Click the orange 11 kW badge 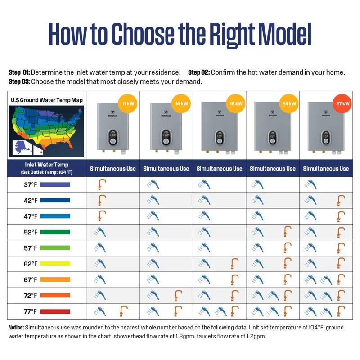127,104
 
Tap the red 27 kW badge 342,104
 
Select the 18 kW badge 235,104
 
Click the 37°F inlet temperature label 31,184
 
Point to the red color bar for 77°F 55,311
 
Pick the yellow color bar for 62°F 55,264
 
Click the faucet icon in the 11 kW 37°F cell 102,184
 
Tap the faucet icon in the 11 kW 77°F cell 123,311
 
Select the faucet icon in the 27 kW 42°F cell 341,200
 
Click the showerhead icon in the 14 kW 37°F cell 153,184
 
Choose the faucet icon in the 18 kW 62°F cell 234,263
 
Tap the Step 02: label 199,72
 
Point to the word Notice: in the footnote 16,327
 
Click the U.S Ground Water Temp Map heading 47,100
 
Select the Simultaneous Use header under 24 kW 273,169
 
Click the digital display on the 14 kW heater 166,134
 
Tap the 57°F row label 31,248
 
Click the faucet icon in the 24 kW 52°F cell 288,232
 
